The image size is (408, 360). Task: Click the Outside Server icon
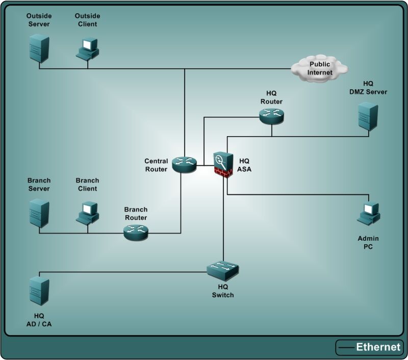tap(39, 47)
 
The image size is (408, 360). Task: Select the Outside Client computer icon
tap(88, 48)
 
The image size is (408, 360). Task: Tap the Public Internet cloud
tap(320, 68)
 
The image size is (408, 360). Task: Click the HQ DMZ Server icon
tap(368, 117)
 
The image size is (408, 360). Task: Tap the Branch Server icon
tap(39, 214)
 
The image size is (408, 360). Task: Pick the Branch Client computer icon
tap(88, 213)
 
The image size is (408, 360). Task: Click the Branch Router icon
tap(136, 233)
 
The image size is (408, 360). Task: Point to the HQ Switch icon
tap(223, 269)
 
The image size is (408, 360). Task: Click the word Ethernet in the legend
tap(378, 347)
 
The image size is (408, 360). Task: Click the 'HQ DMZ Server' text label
tap(368, 88)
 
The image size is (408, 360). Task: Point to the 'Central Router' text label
tap(156, 165)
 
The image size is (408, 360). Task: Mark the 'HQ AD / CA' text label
tap(39, 320)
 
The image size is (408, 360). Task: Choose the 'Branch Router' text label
tap(136, 213)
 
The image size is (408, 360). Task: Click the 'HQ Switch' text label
tap(223, 291)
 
